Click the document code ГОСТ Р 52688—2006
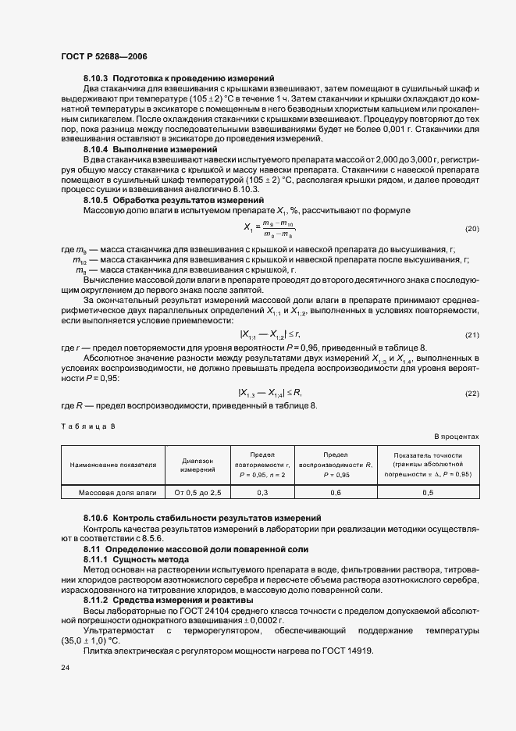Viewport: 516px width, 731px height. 104,56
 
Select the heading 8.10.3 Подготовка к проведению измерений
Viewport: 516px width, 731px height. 178,79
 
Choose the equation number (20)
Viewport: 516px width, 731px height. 472,229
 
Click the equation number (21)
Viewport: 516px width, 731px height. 472,335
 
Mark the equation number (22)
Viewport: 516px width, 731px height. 472,393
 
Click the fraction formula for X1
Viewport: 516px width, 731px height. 269,229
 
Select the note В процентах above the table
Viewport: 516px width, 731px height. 457,437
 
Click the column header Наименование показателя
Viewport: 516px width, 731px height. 113,465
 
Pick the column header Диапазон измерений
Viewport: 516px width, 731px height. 198,465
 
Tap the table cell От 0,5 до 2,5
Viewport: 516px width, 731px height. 198,493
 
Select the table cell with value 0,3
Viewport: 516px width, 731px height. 263,493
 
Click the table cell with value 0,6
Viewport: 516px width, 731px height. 336,493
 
